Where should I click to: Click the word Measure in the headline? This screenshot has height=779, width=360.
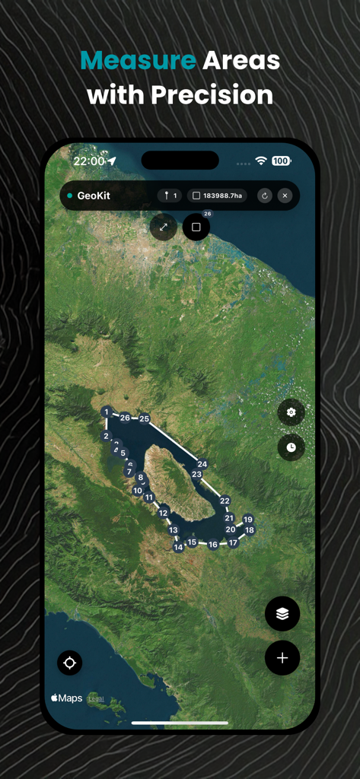137,60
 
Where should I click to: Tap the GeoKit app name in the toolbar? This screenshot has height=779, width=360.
94,196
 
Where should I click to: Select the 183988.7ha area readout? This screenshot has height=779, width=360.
218,196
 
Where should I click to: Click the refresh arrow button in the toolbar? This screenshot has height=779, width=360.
264,196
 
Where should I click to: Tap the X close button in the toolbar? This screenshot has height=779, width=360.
285,196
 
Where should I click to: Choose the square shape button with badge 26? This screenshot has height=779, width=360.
196,227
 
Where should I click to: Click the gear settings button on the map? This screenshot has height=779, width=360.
291,412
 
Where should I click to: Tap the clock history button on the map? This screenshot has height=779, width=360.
291,447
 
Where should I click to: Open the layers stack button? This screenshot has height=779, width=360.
282,614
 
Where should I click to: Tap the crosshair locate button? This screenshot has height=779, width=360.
70,663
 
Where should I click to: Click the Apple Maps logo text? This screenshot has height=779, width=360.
66,698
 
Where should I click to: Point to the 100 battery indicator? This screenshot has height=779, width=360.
281,161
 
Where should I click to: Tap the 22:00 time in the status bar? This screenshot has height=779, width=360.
89,161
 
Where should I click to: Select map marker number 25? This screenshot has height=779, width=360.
145,418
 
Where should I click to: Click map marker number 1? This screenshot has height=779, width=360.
107,412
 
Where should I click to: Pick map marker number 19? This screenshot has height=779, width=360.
247,520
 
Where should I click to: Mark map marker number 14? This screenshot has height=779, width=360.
178,547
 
